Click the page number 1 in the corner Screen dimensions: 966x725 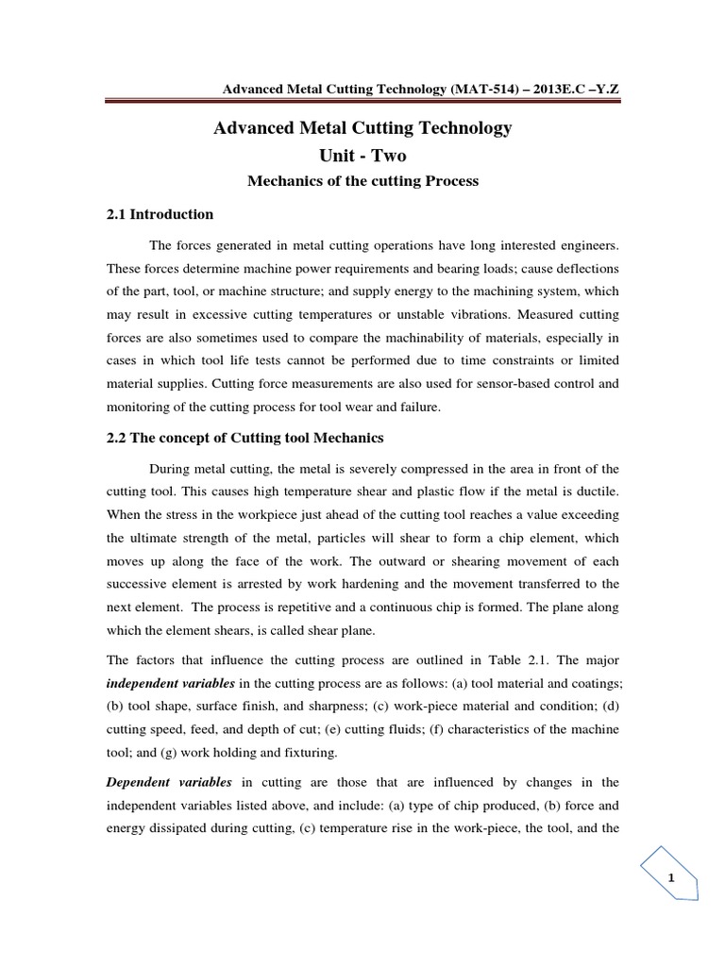[671, 878]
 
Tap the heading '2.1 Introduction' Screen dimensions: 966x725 [160, 214]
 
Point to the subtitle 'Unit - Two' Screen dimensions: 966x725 [363, 155]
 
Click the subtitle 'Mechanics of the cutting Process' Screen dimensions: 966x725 [363, 181]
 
